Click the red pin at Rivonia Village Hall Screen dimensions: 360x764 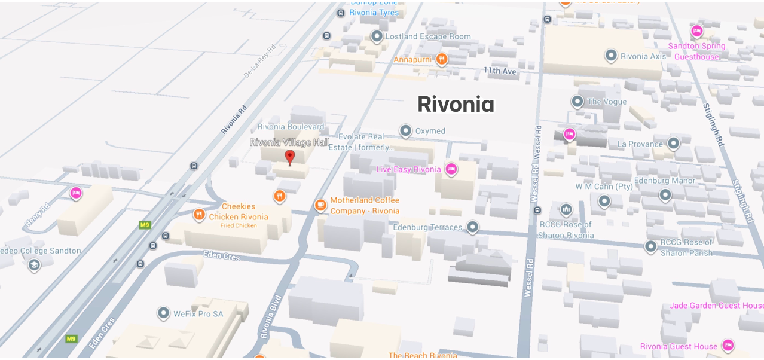[x=290, y=157]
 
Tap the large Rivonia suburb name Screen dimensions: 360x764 [x=456, y=105]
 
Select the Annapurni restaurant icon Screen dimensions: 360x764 [x=441, y=59]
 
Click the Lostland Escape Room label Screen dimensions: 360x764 [x=428, y=36]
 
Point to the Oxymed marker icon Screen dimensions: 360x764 [x=406, y=130]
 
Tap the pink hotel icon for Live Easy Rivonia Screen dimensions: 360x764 [x=451, y=169]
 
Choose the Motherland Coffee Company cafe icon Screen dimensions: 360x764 [x=321, y=206]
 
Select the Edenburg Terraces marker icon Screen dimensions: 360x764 [x=473, y=227]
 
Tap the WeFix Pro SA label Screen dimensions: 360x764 [x=198, y=313]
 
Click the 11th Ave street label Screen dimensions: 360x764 [x=500, y=71]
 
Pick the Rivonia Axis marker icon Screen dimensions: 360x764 [x=611, y=56]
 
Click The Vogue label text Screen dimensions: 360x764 [x=607, y=102]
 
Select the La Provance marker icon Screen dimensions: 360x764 [x=674, y=144]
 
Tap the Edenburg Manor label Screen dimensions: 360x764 [x=665, y=181]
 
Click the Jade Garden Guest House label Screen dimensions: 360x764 [x=716, y=306]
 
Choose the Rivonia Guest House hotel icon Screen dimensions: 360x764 [x=728, y=346]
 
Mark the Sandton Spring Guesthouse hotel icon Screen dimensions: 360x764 [x=696, y=31]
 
